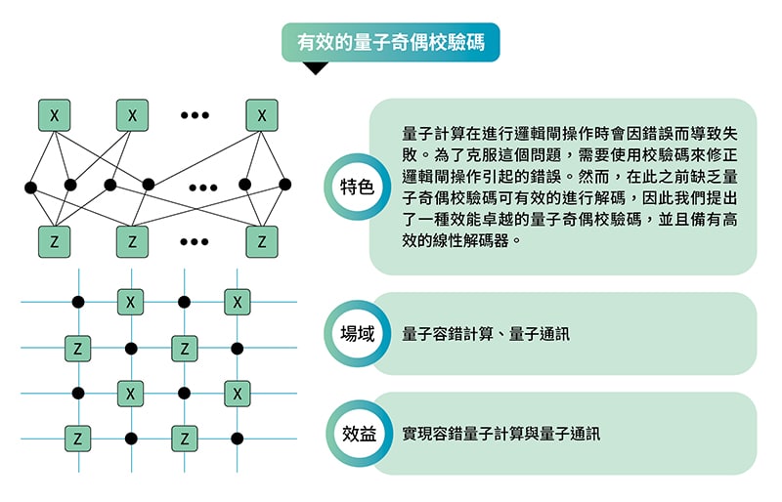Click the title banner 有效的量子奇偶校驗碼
click(390, 42)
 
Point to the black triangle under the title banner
click(316, 67)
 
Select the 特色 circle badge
click(357, 187)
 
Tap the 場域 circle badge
click(357, 333)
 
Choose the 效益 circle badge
click(359, 434)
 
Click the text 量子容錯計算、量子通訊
click(485, 333)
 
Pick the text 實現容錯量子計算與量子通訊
click(500, 434)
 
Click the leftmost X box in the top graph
click(55, 115)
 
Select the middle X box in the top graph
click(132, 115)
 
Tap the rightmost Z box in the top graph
click(262, 242)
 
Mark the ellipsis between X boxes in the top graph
click(195, 115)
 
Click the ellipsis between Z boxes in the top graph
click(195, 242)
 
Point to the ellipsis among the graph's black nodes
click(203, 188)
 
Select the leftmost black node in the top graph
click(30, 188)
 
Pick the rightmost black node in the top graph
click(284, 185)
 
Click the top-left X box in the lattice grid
click(131, 302)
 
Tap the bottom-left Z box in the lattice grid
click(78, 439)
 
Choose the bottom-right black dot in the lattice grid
click(238, 439)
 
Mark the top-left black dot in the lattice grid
click(78, 302)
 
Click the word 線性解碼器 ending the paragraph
click(471, 241)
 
